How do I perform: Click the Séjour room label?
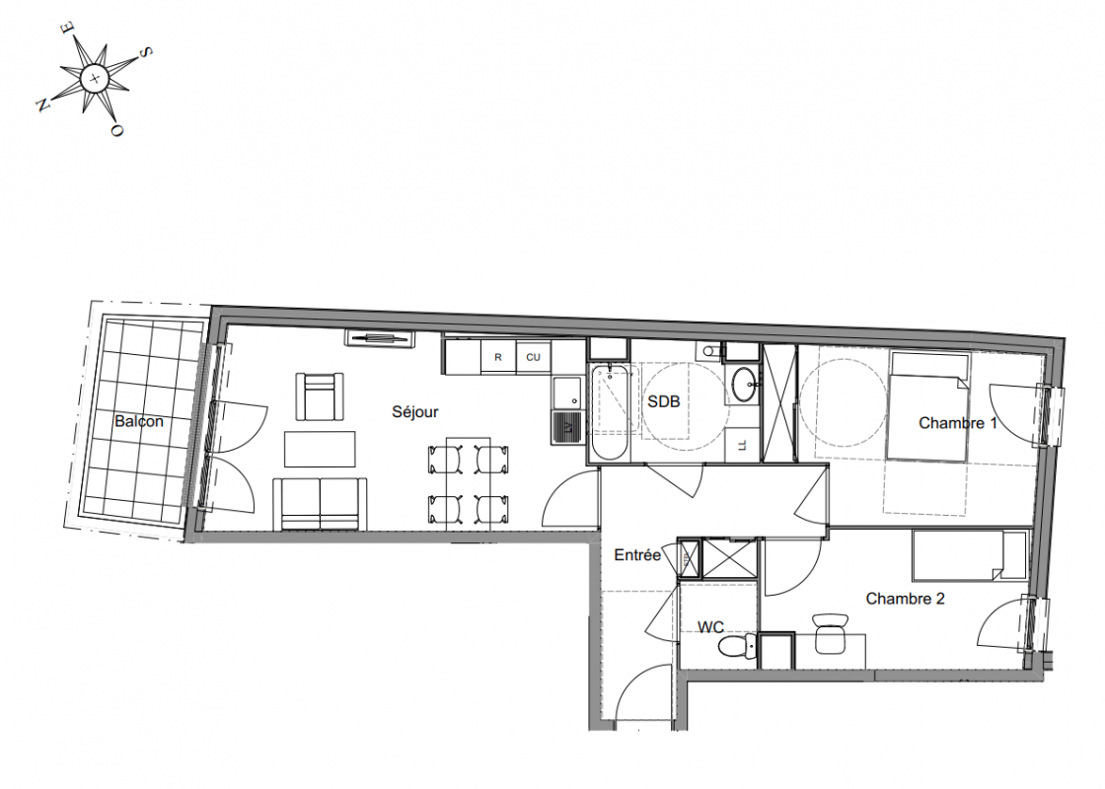click(x=415, y=412)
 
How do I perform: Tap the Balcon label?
click(x=139, y=421)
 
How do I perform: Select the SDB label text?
click(x=664, y=401)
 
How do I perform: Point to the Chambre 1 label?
click(x=958, y=423)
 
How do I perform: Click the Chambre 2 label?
click(x=905, y=599)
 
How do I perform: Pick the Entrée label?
click(x=637, y=555)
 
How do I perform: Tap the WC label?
click(x=710, y=626)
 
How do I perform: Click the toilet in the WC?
click(x=741, y=645)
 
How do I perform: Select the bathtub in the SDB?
click(x=608, y=412)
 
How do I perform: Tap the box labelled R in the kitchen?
click(x=498, y=357)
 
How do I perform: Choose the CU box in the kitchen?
click(x=534, y=357)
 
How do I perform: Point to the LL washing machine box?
click(x=742, y=445)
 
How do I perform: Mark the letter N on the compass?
click(x=42, y=105)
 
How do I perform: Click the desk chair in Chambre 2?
click(x=830, y=633)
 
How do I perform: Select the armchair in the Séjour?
click(x=320, y=395)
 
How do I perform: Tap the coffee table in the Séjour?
click(x=320, y=449)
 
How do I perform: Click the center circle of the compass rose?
click(x=94, y=78)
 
